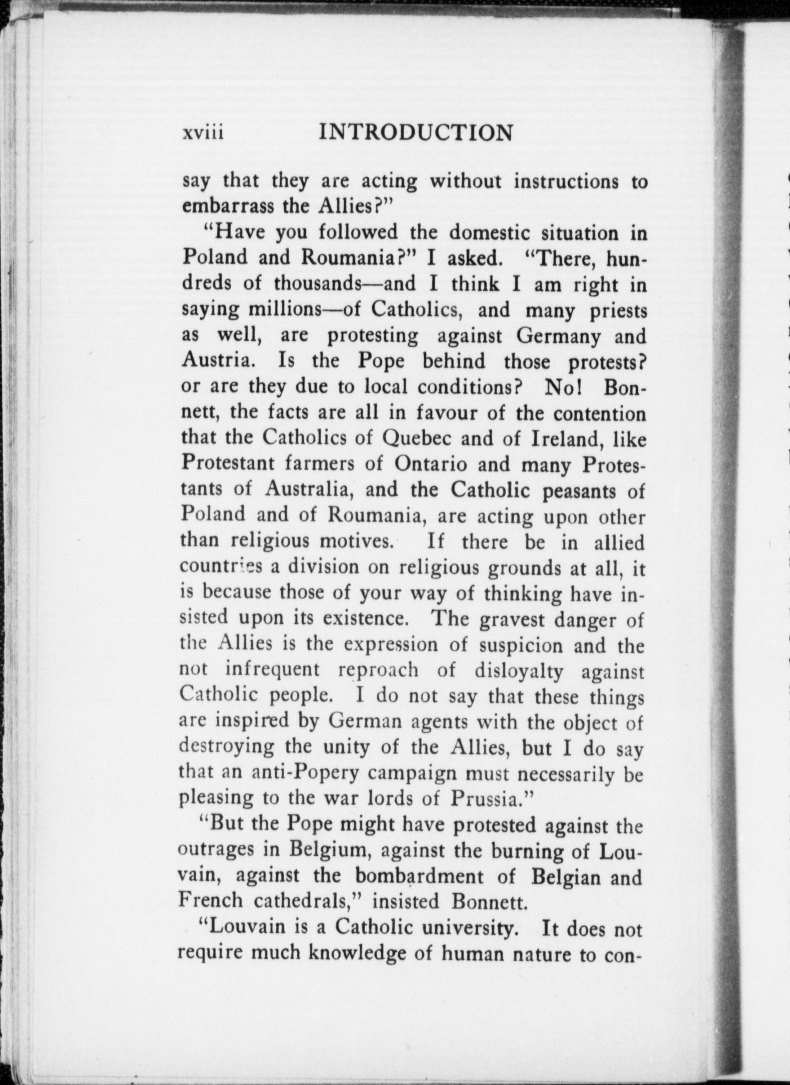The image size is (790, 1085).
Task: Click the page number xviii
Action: (203, 134)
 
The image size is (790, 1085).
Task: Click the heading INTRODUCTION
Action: (417, 133)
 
